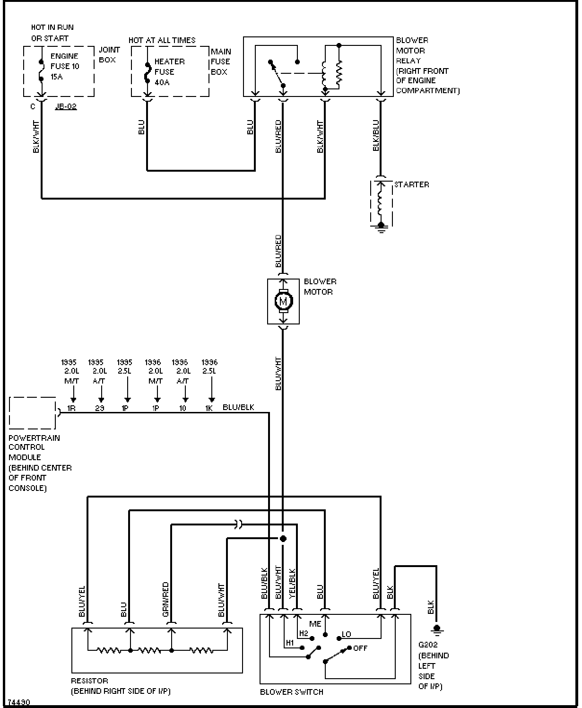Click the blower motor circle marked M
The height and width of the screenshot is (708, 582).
click(283, 301)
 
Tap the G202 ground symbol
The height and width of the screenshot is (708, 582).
click(437, 629)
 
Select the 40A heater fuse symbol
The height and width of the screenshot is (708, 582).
click(148, 73)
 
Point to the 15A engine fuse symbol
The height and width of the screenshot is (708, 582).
click(41, 71)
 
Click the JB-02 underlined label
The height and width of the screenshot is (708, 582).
click(66, 107)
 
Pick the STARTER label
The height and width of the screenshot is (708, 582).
click(411, 184)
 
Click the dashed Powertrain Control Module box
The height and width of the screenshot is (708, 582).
click(32, 413)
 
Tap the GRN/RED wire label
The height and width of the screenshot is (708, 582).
click(165, 599)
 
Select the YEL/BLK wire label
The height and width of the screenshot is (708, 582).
click(292, 584)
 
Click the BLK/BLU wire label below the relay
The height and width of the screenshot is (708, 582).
click(376, 135)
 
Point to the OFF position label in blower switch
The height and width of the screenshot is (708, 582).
click(360, 648)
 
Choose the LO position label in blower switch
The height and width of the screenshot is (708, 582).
click(347, 634)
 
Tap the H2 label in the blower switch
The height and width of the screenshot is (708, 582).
click(304, 633)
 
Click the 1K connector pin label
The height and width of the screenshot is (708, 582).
click(209, 408)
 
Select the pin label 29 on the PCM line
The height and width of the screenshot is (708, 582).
click(100, 408)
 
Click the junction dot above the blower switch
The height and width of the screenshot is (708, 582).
click(283, 539)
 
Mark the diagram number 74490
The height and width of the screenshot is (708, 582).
click(19, 702)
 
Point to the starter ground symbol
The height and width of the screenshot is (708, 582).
click(381, 227)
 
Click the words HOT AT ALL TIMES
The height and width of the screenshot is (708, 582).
click(162, 40)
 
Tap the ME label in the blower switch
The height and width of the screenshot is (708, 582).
click(315, 624)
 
